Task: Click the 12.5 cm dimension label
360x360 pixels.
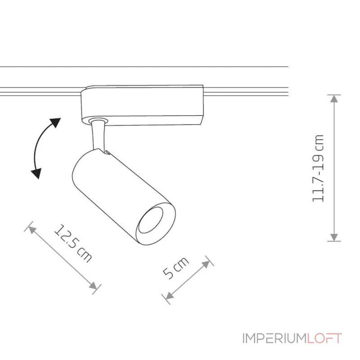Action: [73, 243]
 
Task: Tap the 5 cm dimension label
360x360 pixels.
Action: [176, 268]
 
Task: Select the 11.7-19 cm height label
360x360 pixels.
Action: [318, 168]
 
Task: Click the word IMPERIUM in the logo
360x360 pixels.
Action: [274, 338]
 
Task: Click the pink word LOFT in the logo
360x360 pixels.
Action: [324, 338]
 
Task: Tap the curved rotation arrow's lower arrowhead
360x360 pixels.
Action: [36, 173]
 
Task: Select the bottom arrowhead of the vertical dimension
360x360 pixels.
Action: [334, 237]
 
